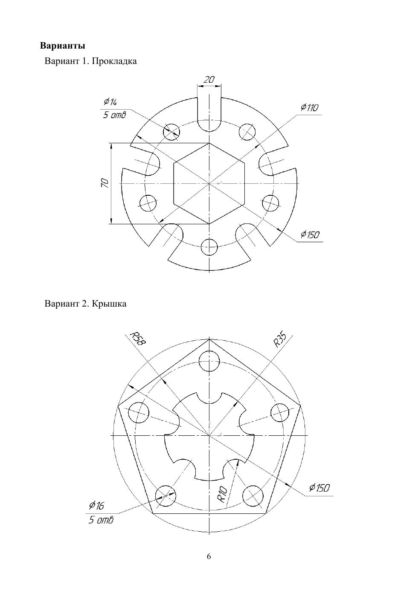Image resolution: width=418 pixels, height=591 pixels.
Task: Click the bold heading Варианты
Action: click(x=63, y=46)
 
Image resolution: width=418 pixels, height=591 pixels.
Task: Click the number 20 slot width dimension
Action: click(x=209, y=79)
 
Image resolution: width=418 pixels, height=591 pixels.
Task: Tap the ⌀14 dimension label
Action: click(x=110, y=102)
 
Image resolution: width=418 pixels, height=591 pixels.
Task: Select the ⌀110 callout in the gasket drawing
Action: click(x=310, y=107)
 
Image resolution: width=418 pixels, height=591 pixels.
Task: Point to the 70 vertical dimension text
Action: click(x=105, y=183)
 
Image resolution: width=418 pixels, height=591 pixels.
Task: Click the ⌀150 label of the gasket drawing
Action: click(x=310, y=234)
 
